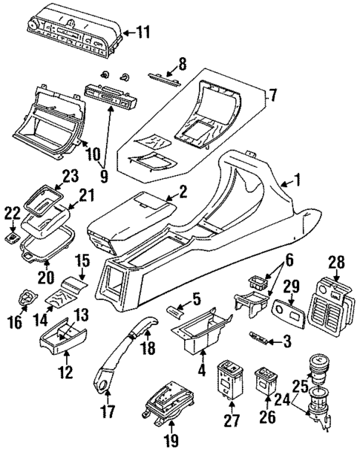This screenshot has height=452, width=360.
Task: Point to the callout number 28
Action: pyautogui.click(x=337, y=261)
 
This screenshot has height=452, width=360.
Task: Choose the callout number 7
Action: pyautogui.click(x=273, y=96)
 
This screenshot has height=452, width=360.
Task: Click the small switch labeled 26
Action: pyautogui.click(x=266, y=381)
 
